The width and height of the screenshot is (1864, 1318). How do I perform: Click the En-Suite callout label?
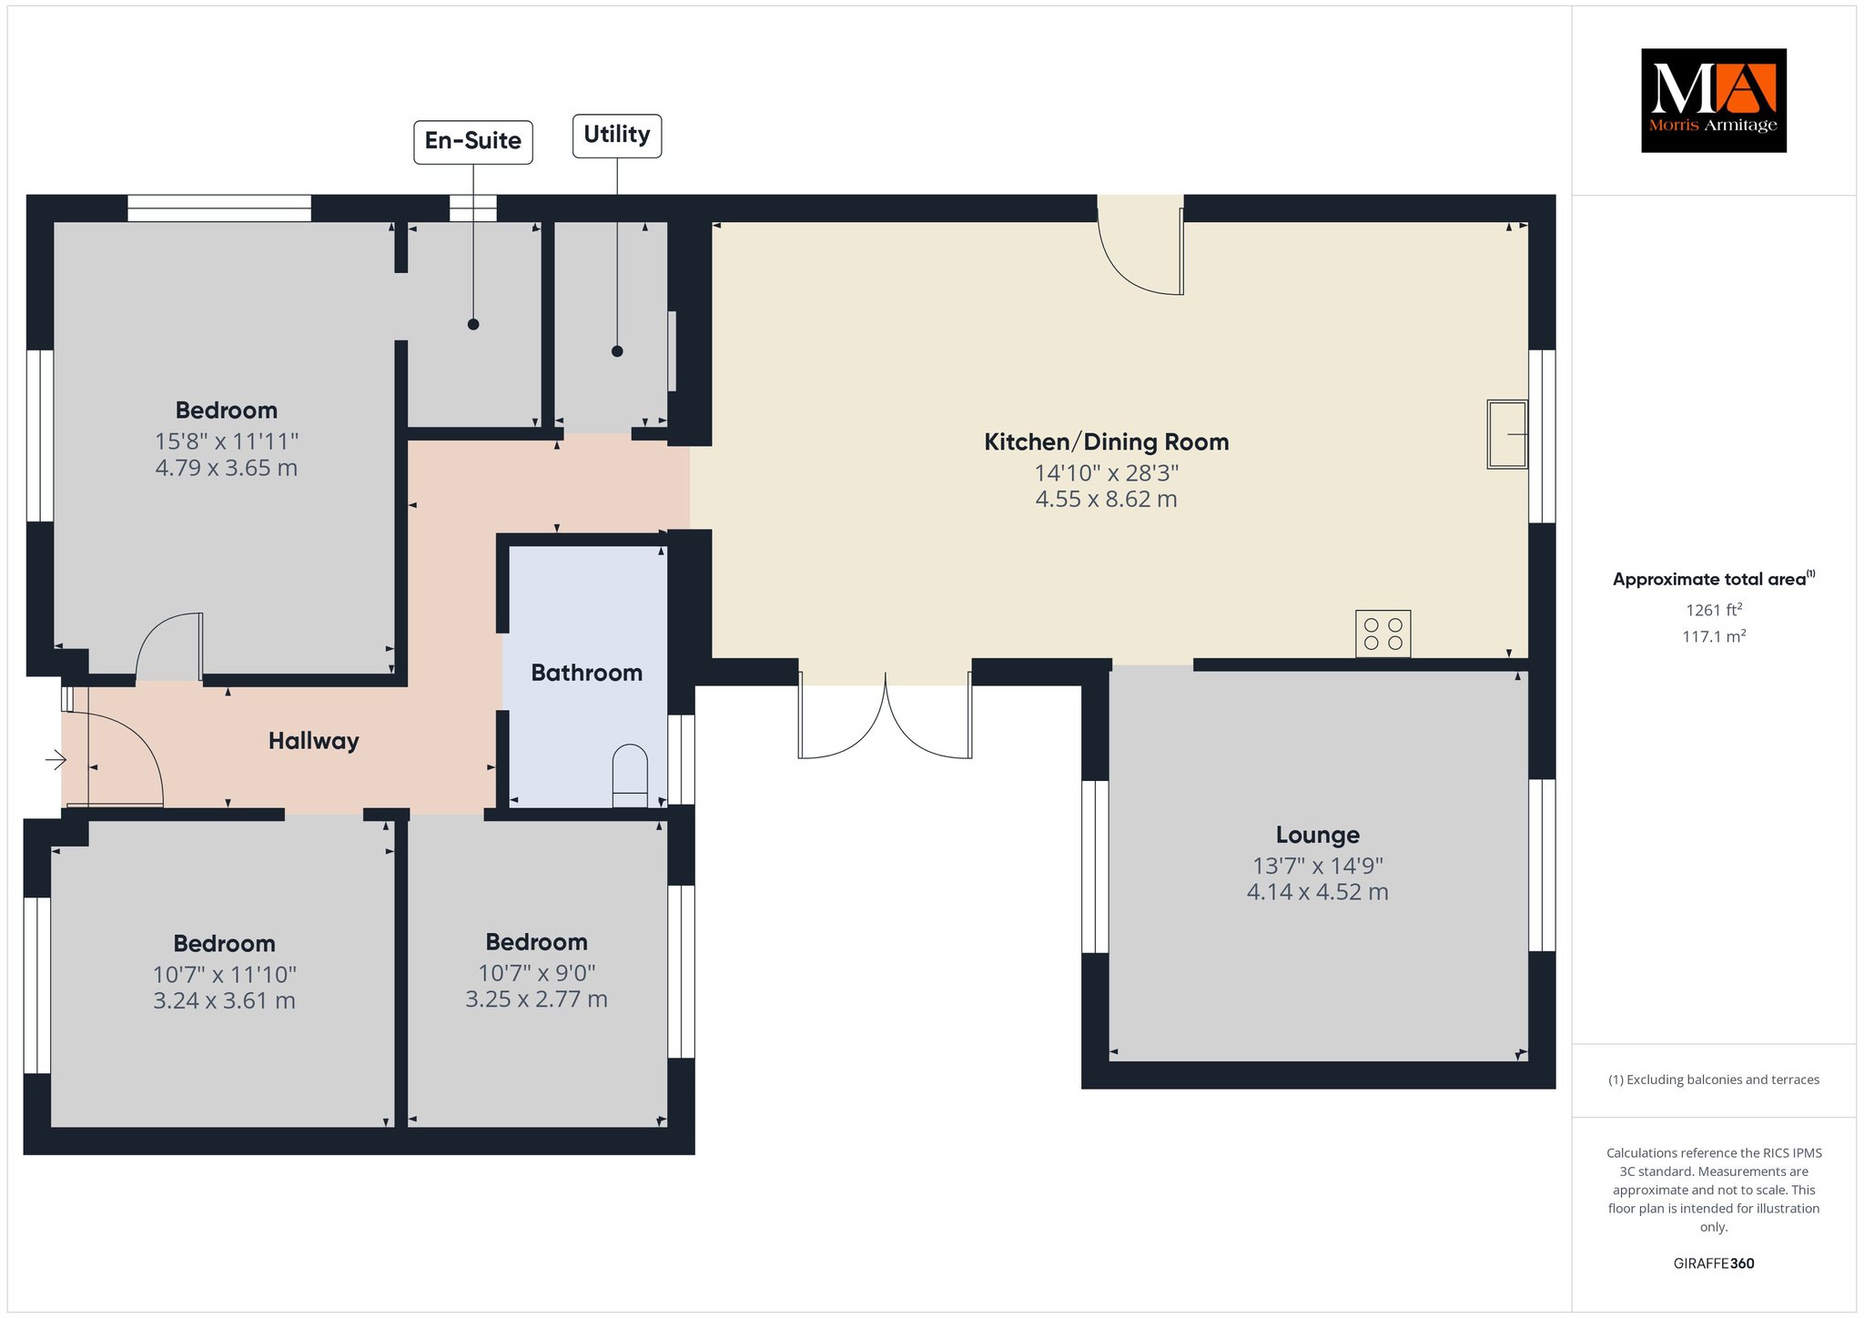[x=473, y=142]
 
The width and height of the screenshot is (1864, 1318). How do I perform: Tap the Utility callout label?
[x=617, y=136]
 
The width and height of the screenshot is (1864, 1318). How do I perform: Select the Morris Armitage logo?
[x=1713, y=100]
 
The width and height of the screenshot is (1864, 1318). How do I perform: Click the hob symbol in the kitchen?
[x=1383, y=634]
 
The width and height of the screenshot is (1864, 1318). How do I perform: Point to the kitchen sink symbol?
[x=1507, y=434]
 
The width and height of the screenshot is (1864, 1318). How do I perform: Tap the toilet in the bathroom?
[x=630, y=776]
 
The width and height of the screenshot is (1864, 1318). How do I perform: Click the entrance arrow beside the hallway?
[x=56, y=759]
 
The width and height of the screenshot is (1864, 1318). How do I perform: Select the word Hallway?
[x=314, y=741]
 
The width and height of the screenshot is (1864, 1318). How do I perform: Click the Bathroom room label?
[x=587, y=673]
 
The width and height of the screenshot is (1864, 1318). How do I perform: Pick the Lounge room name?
[x=1318, y=835]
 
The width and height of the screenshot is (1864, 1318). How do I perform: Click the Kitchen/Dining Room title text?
[x=1107, y=442]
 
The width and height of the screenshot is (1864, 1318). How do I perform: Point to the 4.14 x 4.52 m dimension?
[x=1318, y=892]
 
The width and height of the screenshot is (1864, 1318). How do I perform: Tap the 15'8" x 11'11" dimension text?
[x=227, y=441]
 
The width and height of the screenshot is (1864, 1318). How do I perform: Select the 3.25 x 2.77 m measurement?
[x=537, y=999]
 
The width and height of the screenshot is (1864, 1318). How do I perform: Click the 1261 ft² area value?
[x=1714, y=610]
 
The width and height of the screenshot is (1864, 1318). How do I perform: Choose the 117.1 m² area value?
[x=1714, y=636]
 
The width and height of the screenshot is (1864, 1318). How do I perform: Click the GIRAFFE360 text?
[x=1714, y=1263]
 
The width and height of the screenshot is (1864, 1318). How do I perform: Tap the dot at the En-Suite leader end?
[x=473, y=324]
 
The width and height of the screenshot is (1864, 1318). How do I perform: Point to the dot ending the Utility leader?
[x=617, y=351]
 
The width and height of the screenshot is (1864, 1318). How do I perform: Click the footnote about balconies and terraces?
[x=1714, y=1080]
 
